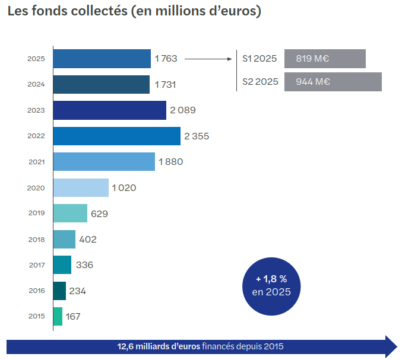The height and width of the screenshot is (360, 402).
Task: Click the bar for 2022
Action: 116,136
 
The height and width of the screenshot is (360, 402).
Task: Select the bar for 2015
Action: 58,316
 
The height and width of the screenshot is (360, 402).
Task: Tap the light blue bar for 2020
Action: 81,187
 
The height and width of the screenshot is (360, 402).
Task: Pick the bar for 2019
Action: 70,213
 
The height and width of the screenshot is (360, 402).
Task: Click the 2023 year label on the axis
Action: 36,110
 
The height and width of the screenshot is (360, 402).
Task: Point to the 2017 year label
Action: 36,265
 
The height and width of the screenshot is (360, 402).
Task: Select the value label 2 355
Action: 197,136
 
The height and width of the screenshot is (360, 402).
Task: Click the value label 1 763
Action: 166,59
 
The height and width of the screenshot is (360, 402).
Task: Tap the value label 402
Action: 88,240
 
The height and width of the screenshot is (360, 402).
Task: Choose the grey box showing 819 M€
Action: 325,59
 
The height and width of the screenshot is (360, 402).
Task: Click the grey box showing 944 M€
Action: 333,82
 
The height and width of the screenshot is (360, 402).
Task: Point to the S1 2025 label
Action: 259,59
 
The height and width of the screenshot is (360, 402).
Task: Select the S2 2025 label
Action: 260,82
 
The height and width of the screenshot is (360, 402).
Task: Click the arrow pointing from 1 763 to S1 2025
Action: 208,59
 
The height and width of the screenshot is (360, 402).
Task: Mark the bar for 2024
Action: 101,84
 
